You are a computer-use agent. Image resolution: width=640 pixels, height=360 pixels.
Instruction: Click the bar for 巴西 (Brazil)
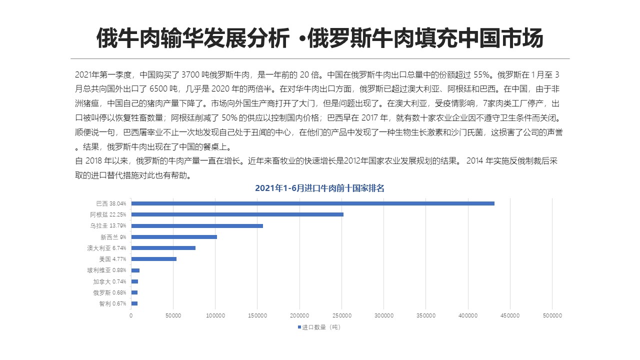[x=312, y=203]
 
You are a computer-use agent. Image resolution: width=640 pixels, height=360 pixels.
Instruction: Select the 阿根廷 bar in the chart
[x=237, y=214]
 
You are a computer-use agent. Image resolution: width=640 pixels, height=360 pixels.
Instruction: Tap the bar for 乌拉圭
[x=197, y=226]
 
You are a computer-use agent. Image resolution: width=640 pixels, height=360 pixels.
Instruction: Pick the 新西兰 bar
[x=174, y=237]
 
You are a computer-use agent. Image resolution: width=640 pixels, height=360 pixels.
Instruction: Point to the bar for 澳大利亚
[x=163, y=248]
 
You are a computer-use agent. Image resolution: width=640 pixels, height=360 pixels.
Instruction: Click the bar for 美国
[x=153, y=259]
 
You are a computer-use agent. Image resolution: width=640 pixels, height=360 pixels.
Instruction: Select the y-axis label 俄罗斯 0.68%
[x=109, y=292]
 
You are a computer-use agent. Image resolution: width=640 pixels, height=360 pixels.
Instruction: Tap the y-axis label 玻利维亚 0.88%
[x=106, y=270]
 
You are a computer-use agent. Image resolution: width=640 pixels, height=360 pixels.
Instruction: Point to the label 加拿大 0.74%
[x=109, y=281]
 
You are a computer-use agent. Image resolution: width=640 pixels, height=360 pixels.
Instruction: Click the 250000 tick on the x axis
[x=341, y=315]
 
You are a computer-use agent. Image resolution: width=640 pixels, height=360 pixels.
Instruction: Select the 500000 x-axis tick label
[x=552, y=315]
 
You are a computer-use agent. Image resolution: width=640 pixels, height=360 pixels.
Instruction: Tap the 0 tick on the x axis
[x=131, y=315]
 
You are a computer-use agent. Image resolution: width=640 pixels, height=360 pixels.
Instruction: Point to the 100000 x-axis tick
[x=215, y=315]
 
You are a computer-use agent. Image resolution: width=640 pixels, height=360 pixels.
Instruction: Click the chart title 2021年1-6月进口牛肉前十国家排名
[x=319, y=188]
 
